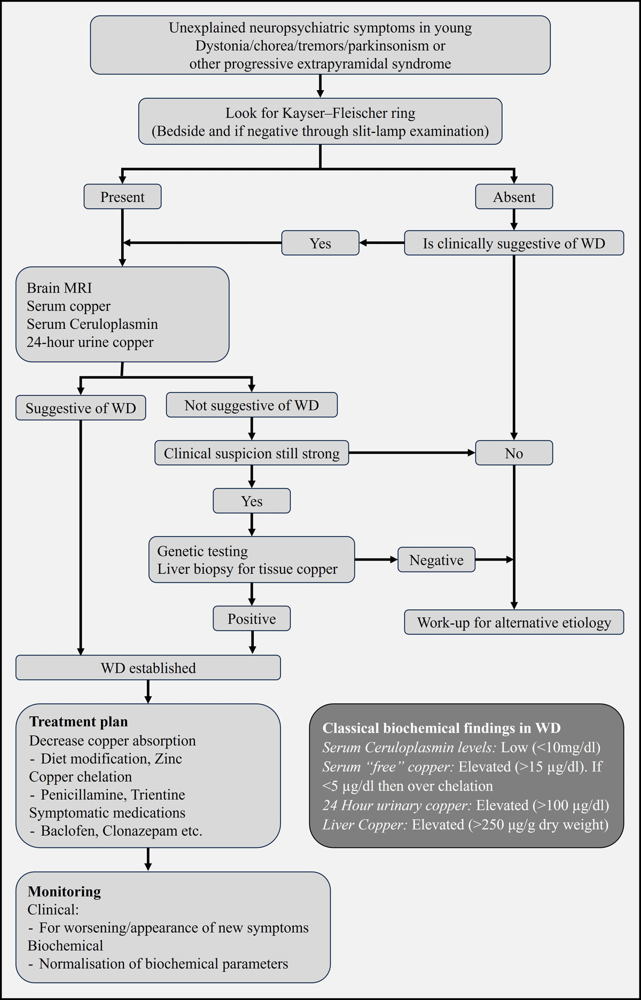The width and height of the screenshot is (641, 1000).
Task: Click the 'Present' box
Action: tap(122, 197)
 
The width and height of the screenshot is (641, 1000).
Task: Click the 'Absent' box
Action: tap(514, 197)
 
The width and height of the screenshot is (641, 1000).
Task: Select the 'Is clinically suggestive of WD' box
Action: tap(514, 243)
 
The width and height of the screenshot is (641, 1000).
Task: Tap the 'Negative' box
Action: tap(436, 560)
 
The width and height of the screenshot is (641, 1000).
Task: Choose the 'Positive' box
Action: tap(252, 619)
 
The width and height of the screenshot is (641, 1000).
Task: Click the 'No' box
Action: tap(514, 453)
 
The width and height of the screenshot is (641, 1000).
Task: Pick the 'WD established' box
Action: tap(148, 668)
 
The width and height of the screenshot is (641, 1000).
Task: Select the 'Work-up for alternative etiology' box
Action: tap(514, 623)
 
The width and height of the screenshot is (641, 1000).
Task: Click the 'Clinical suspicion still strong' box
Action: tap(252, 453)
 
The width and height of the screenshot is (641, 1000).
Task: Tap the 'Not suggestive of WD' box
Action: tap(252, 405)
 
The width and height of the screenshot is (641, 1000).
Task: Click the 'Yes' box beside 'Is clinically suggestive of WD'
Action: tap(320, 243)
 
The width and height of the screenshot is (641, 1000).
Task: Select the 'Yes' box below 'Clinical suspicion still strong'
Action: tap(252, 501)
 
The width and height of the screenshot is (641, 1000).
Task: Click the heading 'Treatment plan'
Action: tap(79, 722)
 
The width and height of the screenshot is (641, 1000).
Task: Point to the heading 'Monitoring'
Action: tap(64, 892)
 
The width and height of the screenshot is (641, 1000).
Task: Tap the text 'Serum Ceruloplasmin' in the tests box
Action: tap(92, 324)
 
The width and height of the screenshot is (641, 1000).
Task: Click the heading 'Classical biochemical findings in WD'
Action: tap(441, 728)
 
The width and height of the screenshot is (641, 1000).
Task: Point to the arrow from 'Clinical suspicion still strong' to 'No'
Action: tap(411, 453)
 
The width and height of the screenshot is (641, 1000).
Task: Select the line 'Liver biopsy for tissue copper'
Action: tap(247, 569)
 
